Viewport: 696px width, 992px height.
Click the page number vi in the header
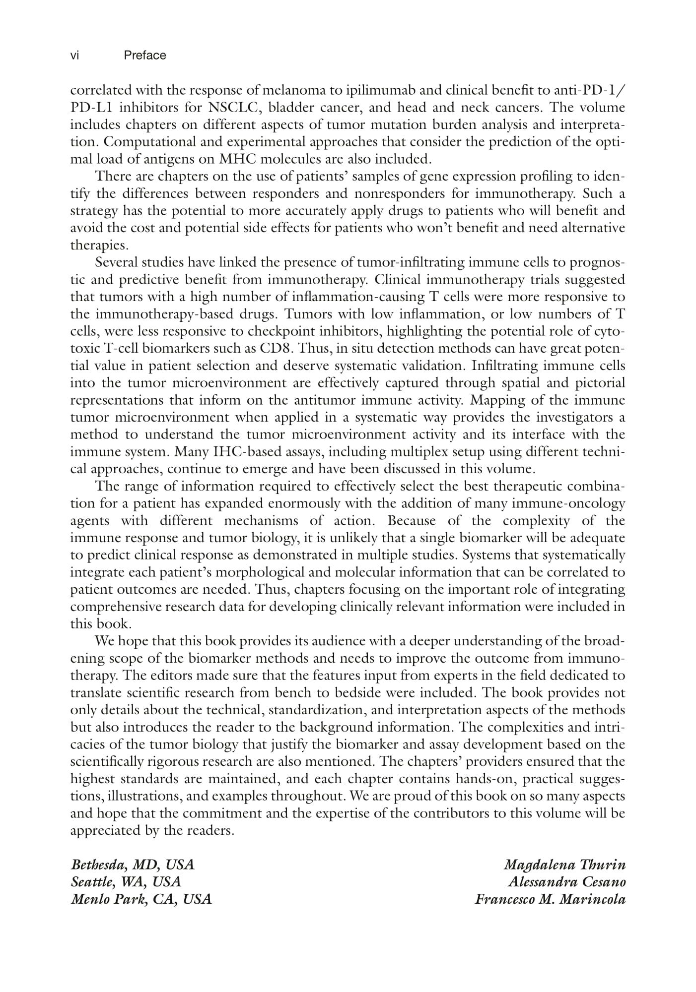pyautogui.click(x=74, y=56)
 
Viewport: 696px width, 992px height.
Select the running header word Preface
pyautogui.click(x=145, y=56)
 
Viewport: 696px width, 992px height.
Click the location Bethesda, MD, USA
pyautogui.click(x=133, y=865)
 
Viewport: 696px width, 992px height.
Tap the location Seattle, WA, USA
pyautogui.click(x=126, y=882)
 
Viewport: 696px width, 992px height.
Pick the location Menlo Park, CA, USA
pyautogui.click(x=141, y=899)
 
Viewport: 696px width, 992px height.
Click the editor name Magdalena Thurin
pyautogui.click(x=564, y=865)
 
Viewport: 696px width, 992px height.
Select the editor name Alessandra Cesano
pyautogui.click(x=566, y=882)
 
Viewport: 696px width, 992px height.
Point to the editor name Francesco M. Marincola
pyautogui.click(x=550, y=899)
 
